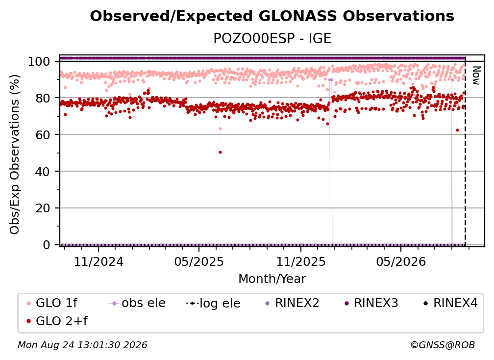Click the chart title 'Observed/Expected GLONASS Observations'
tap(272, 16)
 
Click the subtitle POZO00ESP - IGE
tap(272, 38)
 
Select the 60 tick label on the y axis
tap(43, 134)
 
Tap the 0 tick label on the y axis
tap(46, 245)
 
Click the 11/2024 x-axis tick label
tap(99, 261)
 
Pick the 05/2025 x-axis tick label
tap(199, 261)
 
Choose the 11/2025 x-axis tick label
tap(301, 261)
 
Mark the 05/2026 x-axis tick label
tap(401, 261)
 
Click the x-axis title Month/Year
tap(272, 279)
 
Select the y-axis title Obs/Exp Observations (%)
tap(15, 154)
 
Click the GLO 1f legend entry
tap(52, 303)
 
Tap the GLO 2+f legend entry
tap(57, 321)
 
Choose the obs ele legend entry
tap(137, 303)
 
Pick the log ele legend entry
tap(213, 303)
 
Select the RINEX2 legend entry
tap(292, 303)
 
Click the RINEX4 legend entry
tap(450, 303)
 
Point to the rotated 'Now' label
tap(476, 76)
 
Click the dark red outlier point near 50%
tap(220, 152)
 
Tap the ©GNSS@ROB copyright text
tap(443, 345)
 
